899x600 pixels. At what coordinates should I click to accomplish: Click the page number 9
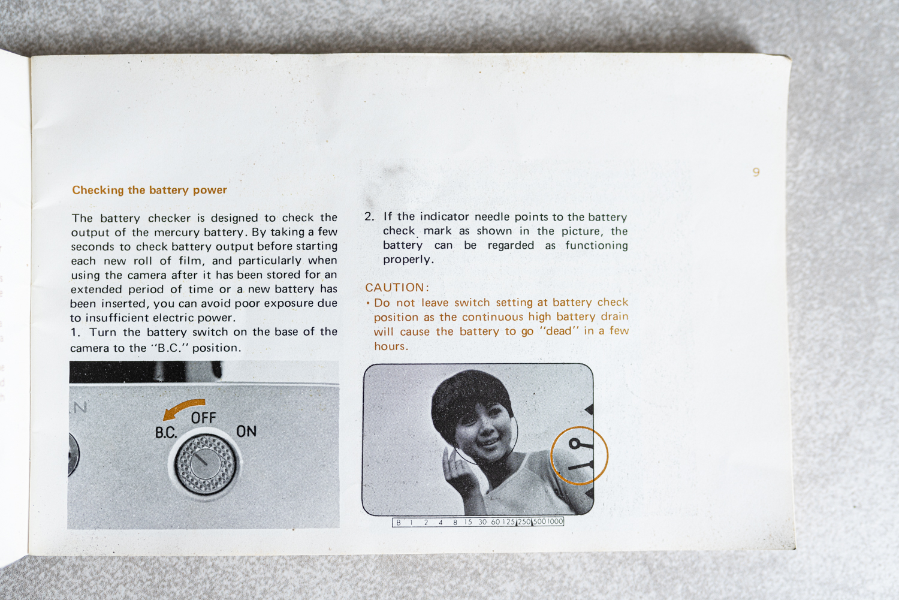(x=756, y=172)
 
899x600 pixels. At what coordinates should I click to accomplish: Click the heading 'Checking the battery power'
(x=149, y=190)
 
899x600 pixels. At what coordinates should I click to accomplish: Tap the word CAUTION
(x=395, y=287)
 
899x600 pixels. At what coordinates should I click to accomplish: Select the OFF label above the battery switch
(x=204, y=418)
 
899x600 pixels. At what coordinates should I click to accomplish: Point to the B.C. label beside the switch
(x=166, y=433)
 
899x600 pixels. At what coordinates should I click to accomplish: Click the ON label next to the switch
(x=246, y=432)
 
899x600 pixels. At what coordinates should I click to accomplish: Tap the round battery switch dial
(x=206, y=464)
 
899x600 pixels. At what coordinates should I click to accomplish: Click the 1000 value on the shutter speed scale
(x=555, y=521)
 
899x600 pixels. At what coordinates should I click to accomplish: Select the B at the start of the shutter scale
(x=398, y=523)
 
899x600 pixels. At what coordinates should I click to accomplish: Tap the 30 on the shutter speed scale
(x=482, y=522)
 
